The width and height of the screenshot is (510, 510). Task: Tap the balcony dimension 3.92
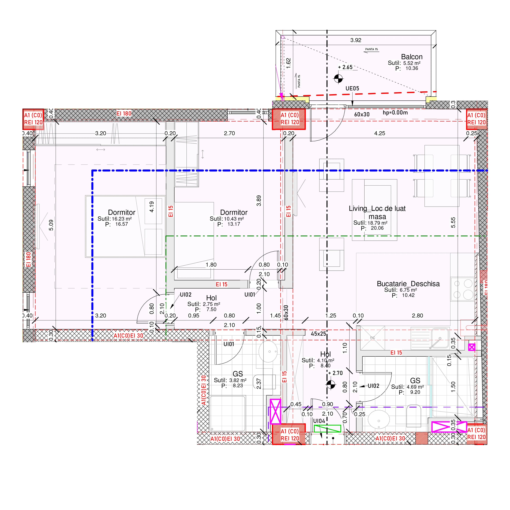click(x=356, y=40)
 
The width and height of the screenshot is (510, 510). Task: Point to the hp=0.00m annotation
click(x=395, y=113)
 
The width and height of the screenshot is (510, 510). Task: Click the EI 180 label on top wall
click(x=124, y=114)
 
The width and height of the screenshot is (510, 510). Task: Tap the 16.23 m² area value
click(x=122, y=219)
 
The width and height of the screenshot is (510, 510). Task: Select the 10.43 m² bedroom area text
click(x=234, y=219)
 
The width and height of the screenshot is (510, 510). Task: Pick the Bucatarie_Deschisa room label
click(x=408, y=284)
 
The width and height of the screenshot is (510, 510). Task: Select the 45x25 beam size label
click(x=318, y=334)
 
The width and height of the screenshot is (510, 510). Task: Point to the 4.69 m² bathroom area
click(x=415, y=387)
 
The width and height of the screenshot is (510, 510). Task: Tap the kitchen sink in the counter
click(x=440, y=338)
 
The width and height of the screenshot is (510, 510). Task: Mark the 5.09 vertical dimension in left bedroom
click(x=51, y=225)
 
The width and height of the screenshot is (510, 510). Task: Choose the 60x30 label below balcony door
click(x=362, y=114)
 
